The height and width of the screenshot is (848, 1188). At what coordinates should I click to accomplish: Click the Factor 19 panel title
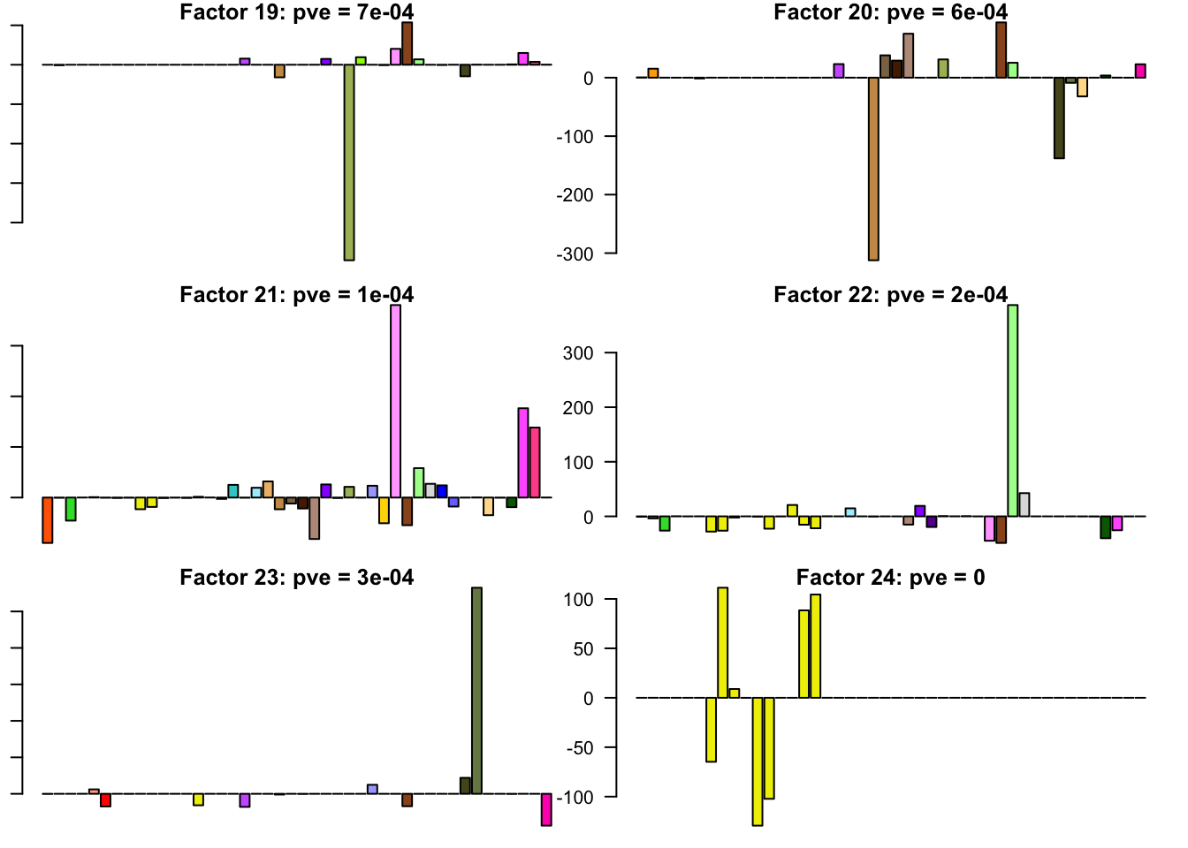coord(296,12)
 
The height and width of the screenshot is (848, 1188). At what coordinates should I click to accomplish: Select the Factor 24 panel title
coord(890,578)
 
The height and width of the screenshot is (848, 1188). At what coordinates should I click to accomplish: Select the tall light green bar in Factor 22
coord(1012,410)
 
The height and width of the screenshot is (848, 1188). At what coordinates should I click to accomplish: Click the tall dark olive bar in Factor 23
coord(476,690)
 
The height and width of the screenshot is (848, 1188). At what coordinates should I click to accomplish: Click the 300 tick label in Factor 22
coord(578,353)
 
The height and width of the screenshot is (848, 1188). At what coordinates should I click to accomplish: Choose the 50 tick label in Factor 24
coord(583,649)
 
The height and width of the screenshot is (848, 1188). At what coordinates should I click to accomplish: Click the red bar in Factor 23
coord(105,800)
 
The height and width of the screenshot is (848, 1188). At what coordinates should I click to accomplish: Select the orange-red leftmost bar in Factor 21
coord(48,519)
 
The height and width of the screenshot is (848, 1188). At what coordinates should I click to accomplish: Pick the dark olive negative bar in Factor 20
coord(1059,117)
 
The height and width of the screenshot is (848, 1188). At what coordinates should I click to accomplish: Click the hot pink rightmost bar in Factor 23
coord(546,809)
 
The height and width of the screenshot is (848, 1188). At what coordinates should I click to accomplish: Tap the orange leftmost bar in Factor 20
coord(652,73)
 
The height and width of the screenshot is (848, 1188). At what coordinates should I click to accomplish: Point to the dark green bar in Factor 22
coord(1105,526)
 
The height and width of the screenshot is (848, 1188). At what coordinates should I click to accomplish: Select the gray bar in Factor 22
coord(1024,504)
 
